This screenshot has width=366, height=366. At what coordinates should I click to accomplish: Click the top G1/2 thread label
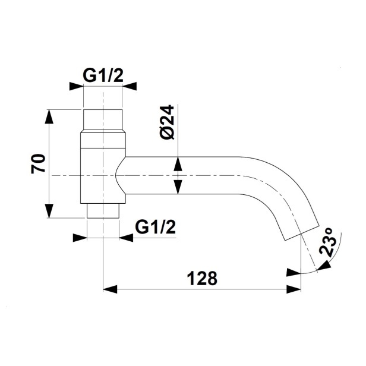[x=103, y=75]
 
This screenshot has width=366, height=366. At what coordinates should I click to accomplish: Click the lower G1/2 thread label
[x=155, y=228]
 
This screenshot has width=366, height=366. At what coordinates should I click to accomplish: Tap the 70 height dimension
[x=38, y=163]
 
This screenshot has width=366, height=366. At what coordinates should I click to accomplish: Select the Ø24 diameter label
[x=168, y=122]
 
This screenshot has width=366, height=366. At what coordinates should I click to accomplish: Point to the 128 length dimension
[x=202, y=278]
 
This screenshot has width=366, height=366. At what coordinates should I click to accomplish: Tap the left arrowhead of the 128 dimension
[x=110, y=289]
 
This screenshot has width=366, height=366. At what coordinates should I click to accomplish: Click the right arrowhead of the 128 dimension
[x=294, y=289]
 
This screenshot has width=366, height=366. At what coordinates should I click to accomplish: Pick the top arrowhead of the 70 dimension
[x=49, y=116]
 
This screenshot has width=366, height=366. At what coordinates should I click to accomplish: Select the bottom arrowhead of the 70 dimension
[x=49, y=211]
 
